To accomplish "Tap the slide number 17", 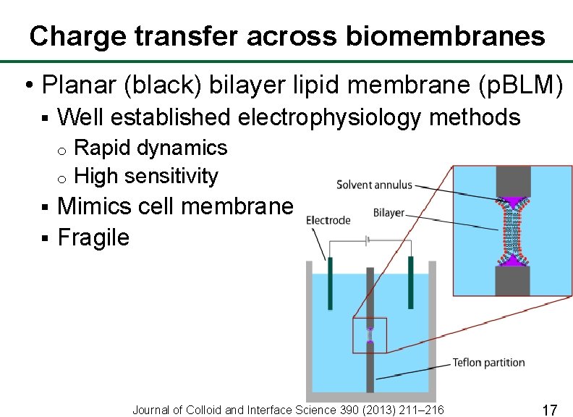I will [x=549, y=410].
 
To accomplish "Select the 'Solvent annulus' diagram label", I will [x=374, y=185].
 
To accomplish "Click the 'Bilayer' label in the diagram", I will [x=389, y=213].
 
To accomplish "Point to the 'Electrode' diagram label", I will [x=328, y=220].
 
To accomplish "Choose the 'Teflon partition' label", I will [x=488, y=362].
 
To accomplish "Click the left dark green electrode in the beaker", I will [x=330, y=282].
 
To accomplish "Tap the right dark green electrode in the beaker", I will [x=409, y=282].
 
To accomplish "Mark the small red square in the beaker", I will [x=370, y=335].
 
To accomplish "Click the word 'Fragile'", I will [x=93, y=237].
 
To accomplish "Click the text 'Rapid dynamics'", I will [x=150, y=148].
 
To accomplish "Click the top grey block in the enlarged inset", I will [x=513, y=180].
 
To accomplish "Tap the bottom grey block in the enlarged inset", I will [x=513, y=281].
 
